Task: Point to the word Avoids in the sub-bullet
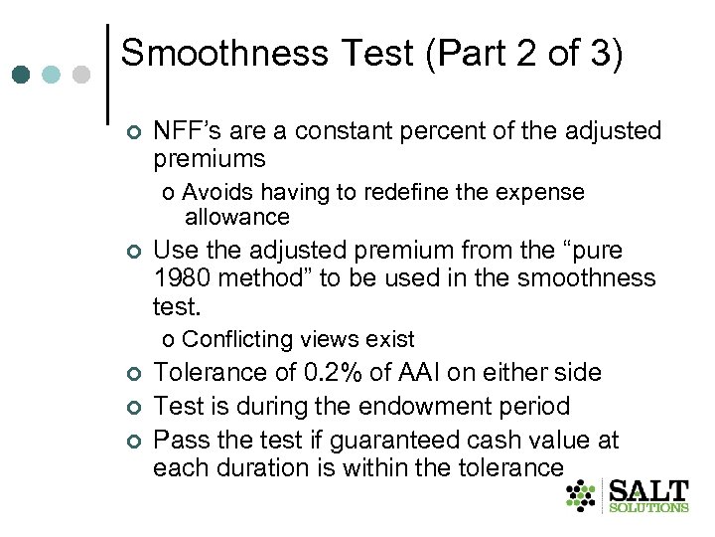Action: coord(216,192)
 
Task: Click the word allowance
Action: coord(236,216)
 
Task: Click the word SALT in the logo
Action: coord(647,492)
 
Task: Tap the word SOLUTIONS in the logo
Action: coord(647,508)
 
